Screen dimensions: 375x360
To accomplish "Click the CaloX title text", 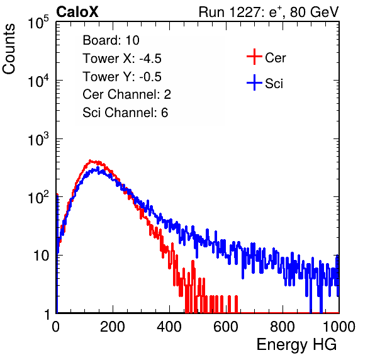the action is point(77,12).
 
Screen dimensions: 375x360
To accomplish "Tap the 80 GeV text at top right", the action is point(314,12).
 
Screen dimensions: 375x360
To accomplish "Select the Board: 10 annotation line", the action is point(111,40).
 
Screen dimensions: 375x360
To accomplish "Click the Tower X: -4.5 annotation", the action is point(122,59).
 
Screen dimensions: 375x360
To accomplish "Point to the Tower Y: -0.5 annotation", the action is point(122,77).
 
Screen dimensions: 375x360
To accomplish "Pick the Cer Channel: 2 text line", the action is point(126,94).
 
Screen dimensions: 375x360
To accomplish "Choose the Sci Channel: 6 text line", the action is point(125,113).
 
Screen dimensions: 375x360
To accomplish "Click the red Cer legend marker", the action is point(254,57).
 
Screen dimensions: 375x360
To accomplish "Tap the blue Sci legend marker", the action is point(254,82).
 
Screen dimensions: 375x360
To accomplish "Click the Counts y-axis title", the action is point(9,49).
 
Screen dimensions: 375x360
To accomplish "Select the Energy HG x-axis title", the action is point(296,345).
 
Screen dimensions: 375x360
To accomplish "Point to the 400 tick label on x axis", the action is point(169,327).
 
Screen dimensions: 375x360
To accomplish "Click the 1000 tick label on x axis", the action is point(339,327).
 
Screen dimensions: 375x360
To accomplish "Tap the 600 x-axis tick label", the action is point(226,327).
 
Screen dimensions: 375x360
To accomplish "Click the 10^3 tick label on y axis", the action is point(38,139).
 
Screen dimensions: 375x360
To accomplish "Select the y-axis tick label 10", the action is point(41,256).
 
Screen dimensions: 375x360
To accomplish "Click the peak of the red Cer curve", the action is point(90,160).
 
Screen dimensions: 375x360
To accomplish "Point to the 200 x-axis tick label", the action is point(113,327).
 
